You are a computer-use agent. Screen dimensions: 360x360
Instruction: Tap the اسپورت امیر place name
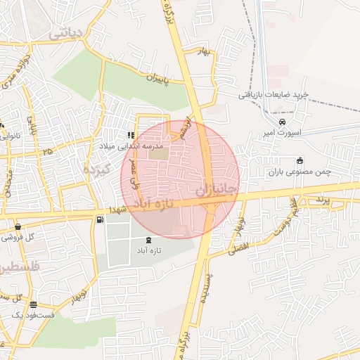tap(285, 131)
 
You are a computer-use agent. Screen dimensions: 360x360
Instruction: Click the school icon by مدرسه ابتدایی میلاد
tap(130, 134)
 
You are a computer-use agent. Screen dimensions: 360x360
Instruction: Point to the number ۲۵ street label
tap(46, 151)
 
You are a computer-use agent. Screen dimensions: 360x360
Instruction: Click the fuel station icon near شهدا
tap(99, 220)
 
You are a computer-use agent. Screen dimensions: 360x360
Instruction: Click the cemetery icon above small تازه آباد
tap(148, 240)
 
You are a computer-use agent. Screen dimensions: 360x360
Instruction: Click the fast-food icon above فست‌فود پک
tap(34, 304)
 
